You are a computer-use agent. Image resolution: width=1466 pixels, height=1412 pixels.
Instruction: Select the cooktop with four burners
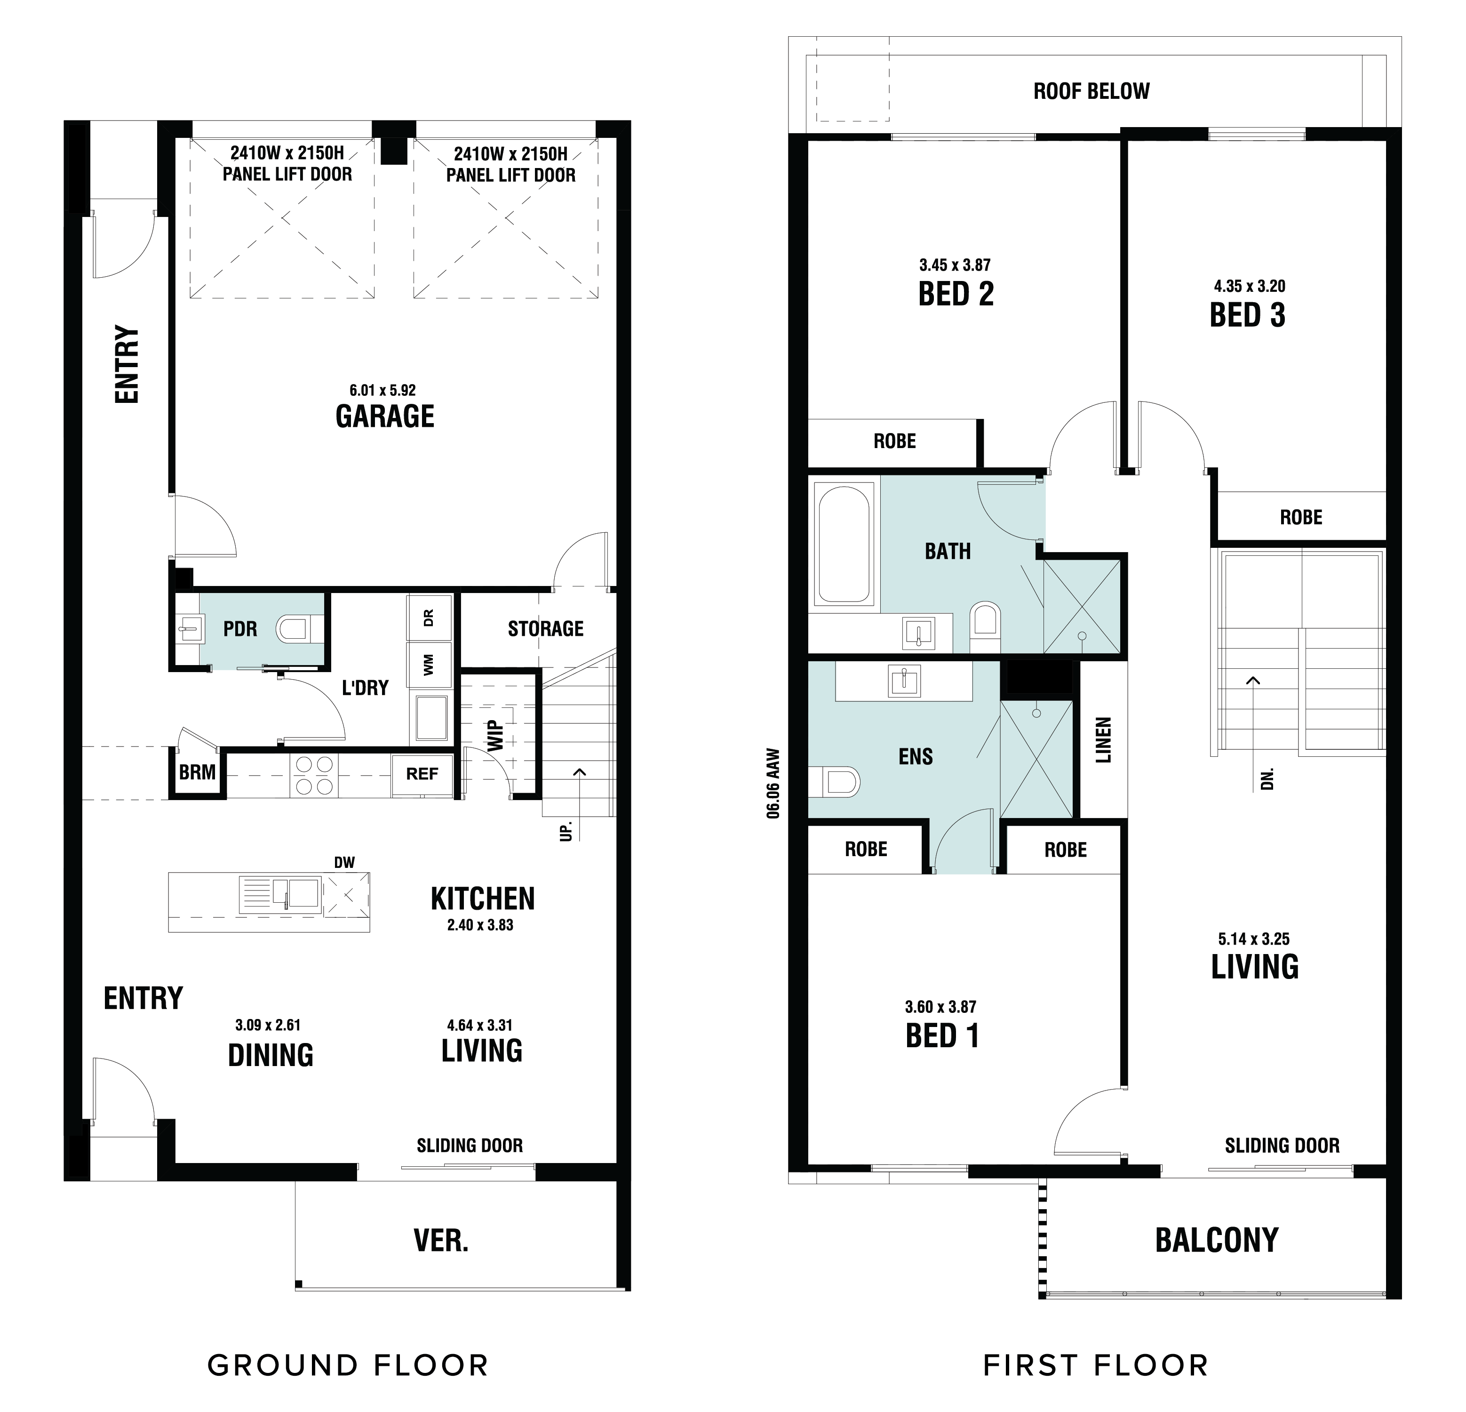tap(315, 775)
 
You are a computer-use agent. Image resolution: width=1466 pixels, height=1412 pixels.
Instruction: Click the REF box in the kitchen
tap(422, 774)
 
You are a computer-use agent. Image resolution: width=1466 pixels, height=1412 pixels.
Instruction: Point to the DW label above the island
tap(345, 863)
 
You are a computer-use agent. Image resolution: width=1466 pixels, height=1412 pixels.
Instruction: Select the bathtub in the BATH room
tap(845, 545)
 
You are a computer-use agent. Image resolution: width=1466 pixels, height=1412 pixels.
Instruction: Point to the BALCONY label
tap(1217, 1241)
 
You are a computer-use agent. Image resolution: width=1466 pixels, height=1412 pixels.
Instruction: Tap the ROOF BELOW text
tap(1092, 91)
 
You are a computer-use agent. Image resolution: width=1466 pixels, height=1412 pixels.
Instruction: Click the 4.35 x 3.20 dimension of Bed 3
tap(1250, 286)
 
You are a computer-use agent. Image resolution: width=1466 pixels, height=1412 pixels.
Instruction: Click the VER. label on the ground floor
tap(441, 1242)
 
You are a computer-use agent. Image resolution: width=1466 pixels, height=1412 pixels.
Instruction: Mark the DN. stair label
tap(1267, 780)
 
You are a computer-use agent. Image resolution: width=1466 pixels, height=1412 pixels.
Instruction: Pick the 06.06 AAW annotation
tap(773, 784)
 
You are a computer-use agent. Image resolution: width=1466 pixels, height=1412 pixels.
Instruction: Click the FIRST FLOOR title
tap(1096, 1365)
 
